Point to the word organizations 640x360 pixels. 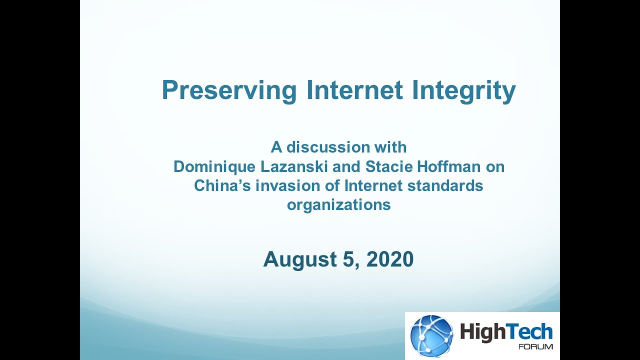click(338, 205)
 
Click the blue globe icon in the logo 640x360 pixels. click(431, 335)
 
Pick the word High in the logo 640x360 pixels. click(482, 332)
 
